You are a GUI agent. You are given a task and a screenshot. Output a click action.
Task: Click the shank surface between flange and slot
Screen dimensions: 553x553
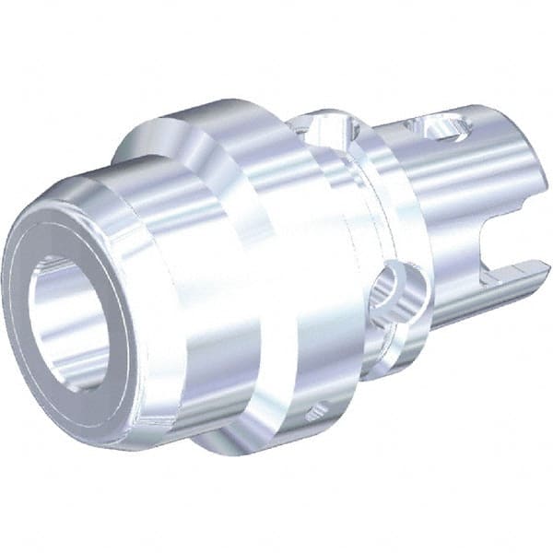[x=424, y=203]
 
